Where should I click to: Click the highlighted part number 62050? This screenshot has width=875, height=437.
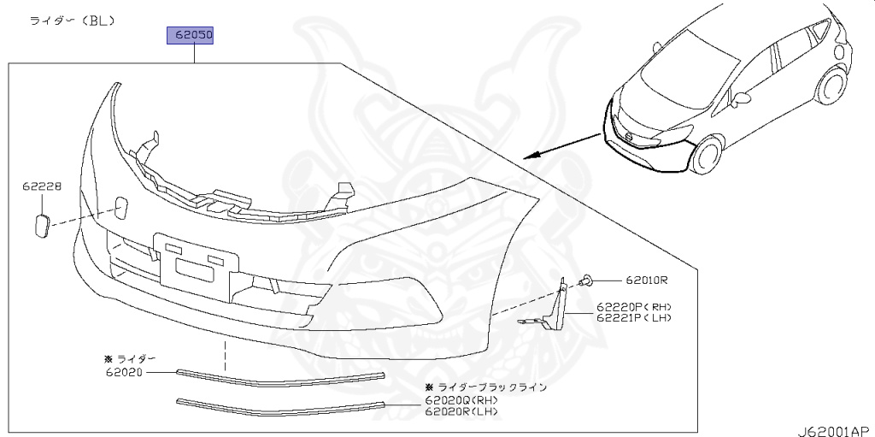click(x=189, y=36)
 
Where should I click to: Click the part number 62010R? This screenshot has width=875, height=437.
click(x=645, y=281)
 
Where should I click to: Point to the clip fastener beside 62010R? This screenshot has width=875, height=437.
click(x=587, y=280)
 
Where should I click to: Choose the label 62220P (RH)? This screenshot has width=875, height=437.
click(x=634, y=306)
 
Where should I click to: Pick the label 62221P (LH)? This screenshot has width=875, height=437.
click(x=634, y=317)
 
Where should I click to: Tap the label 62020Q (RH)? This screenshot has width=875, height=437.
click(x=461, y=400)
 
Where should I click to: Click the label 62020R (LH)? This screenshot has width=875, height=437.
click(x=461, y=412)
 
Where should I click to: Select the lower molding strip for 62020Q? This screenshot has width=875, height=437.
click(x=280, y=405)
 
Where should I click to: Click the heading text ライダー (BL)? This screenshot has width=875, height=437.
click(x=73, y=19)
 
